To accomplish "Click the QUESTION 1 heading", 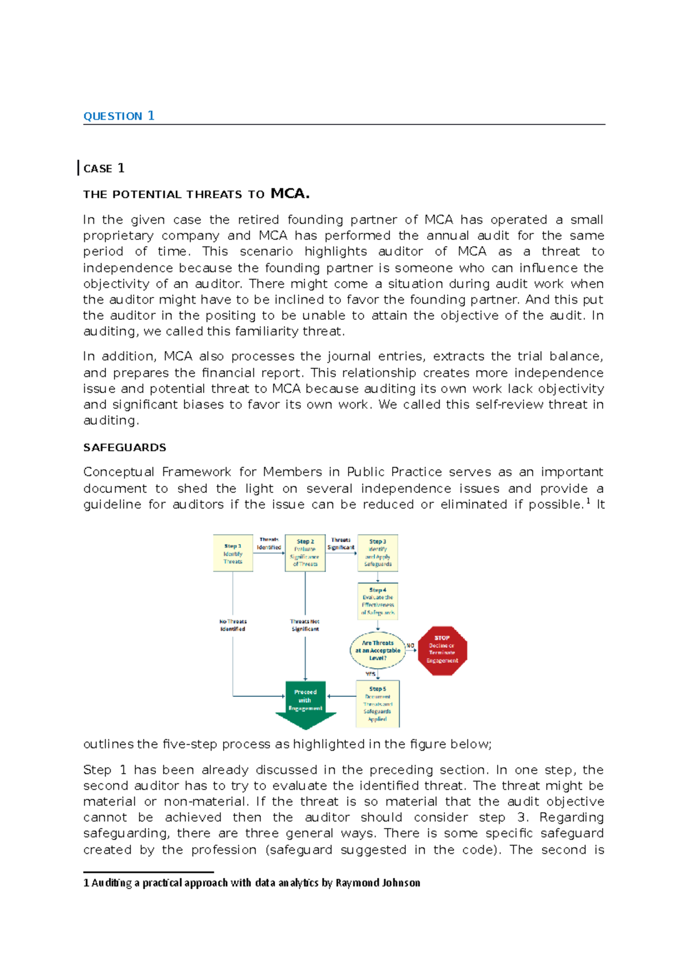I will click(119, 116).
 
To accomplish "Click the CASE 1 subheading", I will click(104, 168).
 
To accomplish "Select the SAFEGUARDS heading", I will click(124, 448).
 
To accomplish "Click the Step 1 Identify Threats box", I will click(233, 554).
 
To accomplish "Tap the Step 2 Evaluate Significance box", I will click(305, 554).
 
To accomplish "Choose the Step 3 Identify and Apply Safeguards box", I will click(378, 554).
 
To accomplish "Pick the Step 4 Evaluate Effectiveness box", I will click(378, 602).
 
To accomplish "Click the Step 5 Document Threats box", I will click(377, 704).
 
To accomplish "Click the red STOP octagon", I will click(442, 650).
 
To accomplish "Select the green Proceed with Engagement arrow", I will click(305, 703).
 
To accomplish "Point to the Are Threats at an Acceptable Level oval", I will click(378, 650).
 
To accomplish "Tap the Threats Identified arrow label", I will click(269, 543).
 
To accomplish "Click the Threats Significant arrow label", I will click(341, 544).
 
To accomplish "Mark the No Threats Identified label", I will click(233, 625).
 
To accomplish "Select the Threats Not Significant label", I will click(305, 625).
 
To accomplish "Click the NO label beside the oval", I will click(411, 646).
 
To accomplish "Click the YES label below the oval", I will click(370, 674).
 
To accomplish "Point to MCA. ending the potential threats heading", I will click(290, 194).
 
